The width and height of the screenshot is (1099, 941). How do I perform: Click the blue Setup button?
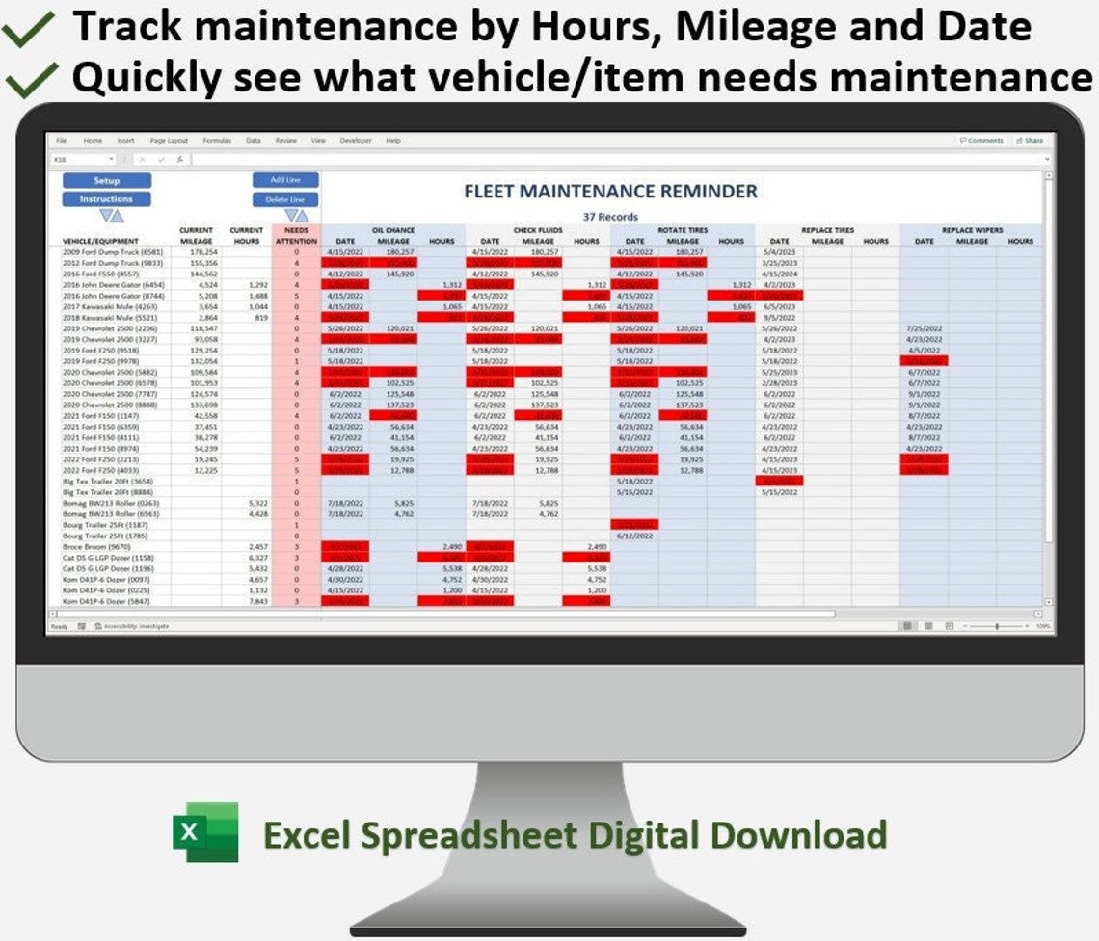click(107, 181)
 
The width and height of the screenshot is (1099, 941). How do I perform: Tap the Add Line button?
click(285, 180)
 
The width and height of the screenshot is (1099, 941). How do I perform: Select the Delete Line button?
click(285, 199)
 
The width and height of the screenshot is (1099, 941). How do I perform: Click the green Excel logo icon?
click(205, 832)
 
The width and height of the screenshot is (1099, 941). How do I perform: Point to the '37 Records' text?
click(610, 217)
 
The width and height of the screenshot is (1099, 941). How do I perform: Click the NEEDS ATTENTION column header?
click(296, 236)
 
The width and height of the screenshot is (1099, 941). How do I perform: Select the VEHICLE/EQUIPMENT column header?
click(101, 241)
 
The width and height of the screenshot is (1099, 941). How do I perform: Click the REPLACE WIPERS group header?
click(972, 230)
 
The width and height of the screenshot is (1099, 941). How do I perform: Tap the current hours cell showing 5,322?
click(256, 503)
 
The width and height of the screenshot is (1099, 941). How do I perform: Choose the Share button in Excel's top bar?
click(1029, 141)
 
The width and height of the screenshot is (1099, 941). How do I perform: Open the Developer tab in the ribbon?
click(355, 141)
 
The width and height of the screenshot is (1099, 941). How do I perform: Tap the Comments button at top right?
click(981, 141)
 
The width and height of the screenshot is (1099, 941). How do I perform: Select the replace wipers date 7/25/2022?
click(924, 328)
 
